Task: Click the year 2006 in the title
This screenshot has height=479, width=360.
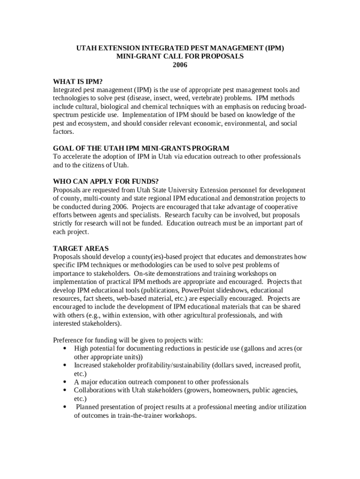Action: tap(180, 65)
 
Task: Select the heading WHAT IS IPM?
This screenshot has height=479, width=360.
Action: tap(78, 81)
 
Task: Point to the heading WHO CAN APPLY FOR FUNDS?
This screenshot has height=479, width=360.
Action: tap(106, 181)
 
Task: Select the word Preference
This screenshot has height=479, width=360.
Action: tap(69, 340)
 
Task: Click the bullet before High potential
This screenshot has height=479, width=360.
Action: tap(64, 348)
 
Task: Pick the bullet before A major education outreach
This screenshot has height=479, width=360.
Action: tap(64, 382)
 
